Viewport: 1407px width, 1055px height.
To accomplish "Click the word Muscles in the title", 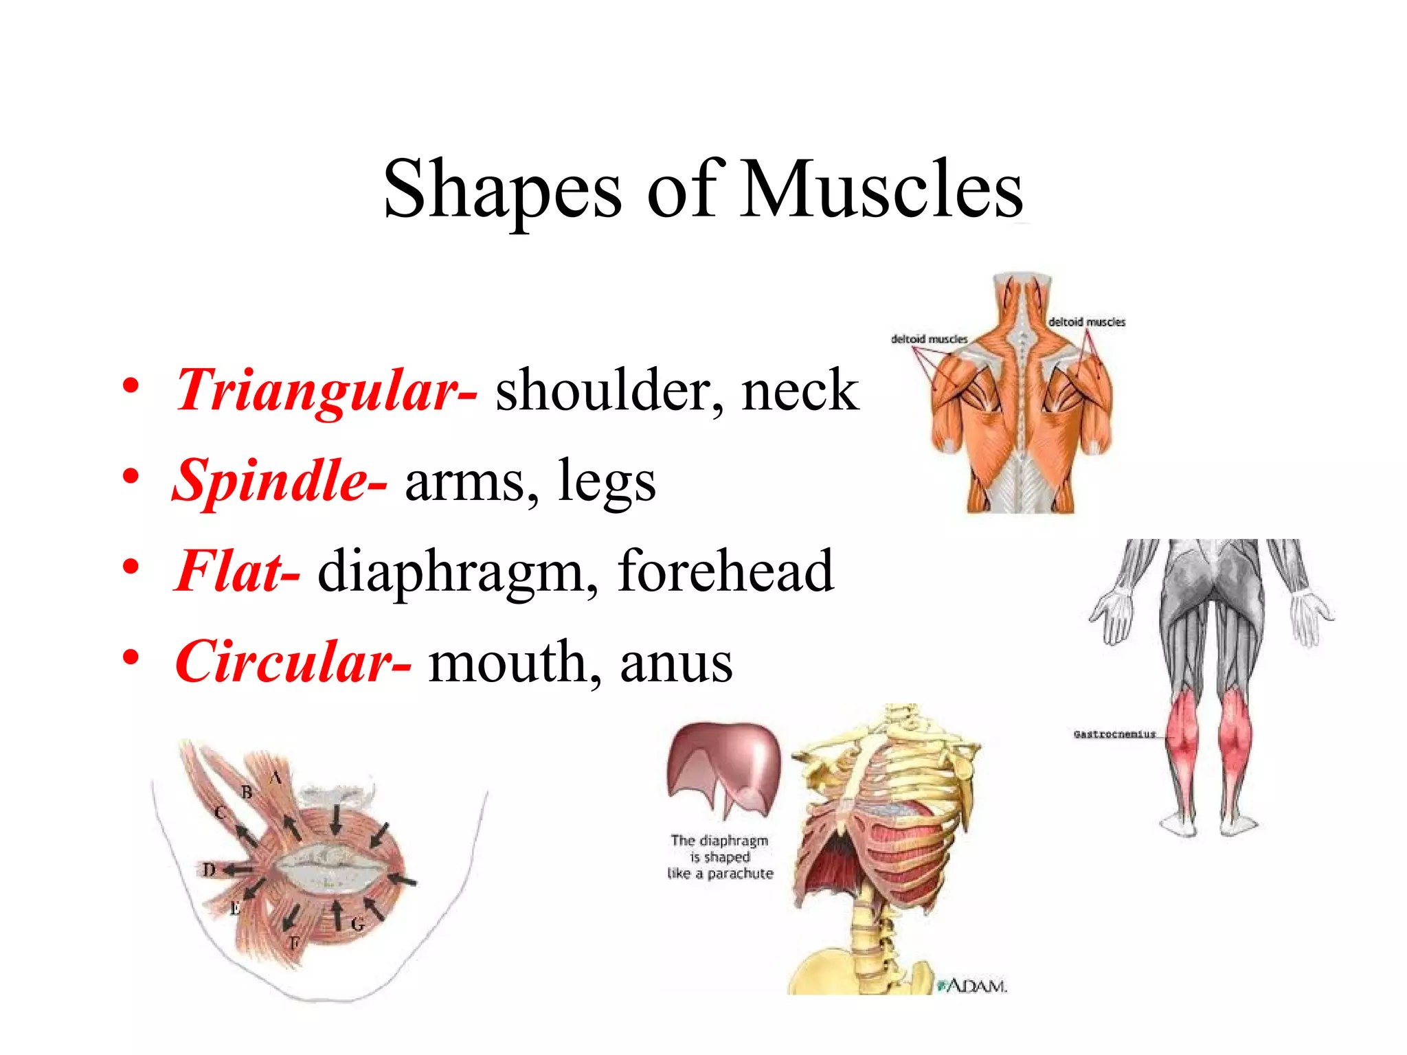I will [882, 189].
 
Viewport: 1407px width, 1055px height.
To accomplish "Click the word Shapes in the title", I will [502, 189].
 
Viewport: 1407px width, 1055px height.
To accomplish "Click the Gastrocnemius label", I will [1114, 734].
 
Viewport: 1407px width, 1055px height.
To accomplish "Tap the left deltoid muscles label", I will [929, 339].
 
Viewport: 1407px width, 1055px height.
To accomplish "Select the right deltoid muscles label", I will [1086, 321].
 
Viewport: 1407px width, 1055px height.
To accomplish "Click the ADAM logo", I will [973, 986].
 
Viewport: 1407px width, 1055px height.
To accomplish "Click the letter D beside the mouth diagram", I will [209, 870].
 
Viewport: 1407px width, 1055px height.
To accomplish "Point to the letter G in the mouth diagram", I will [358, 924].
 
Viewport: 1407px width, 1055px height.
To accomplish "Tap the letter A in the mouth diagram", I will [275, 778].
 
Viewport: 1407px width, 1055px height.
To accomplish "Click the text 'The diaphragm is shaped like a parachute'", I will [720, 857].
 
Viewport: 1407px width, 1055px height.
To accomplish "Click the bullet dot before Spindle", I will [131, 475].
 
